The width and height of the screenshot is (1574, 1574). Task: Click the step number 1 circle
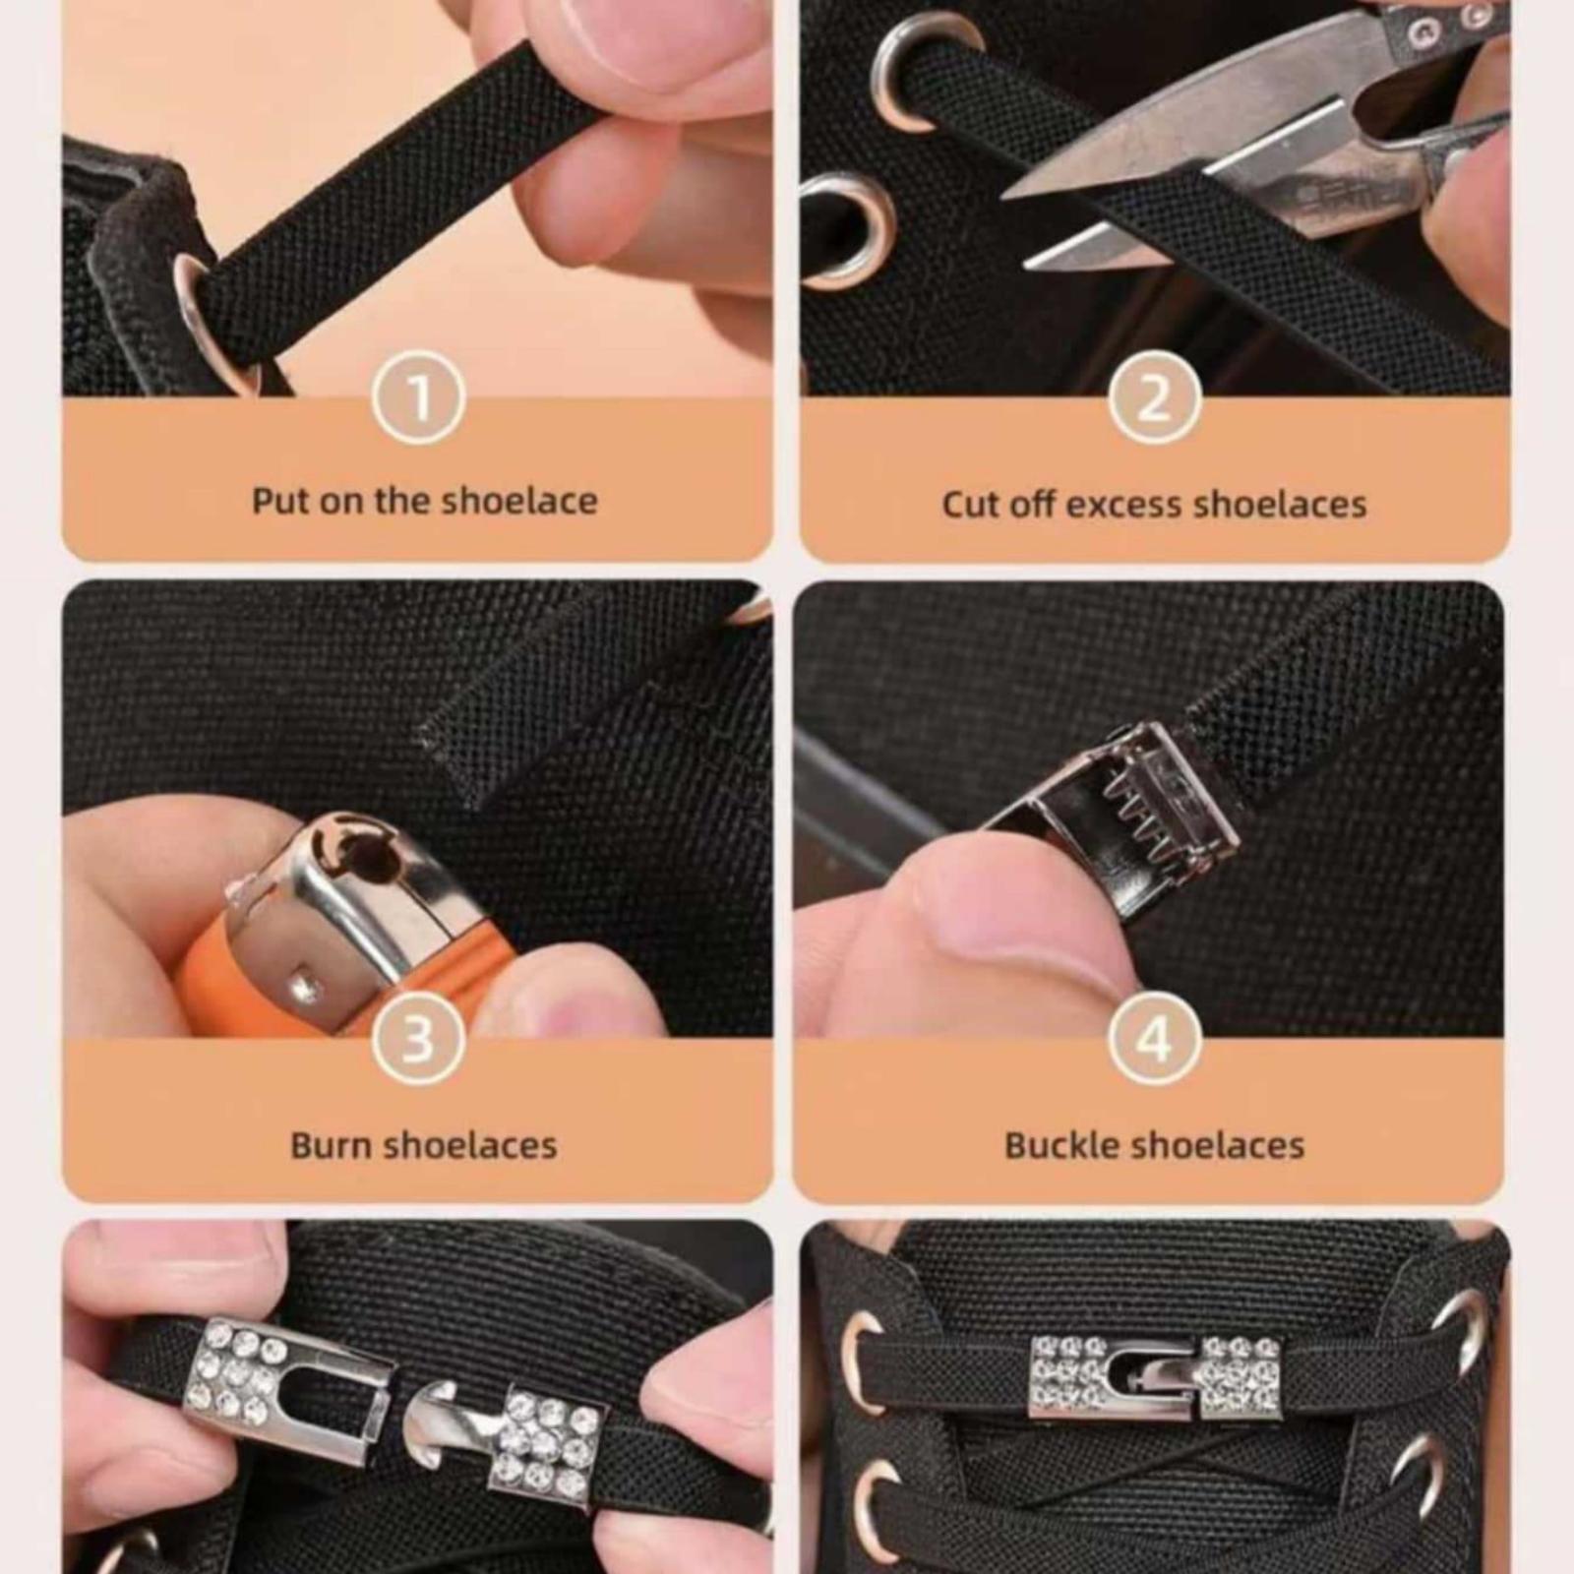418,397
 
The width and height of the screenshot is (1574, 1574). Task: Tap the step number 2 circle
1155,397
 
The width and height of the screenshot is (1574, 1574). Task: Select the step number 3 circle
418,1038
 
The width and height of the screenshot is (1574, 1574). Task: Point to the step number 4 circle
1155,1038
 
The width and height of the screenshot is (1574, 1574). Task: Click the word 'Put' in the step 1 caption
282,501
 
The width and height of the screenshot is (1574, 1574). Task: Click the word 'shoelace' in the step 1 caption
518,501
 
